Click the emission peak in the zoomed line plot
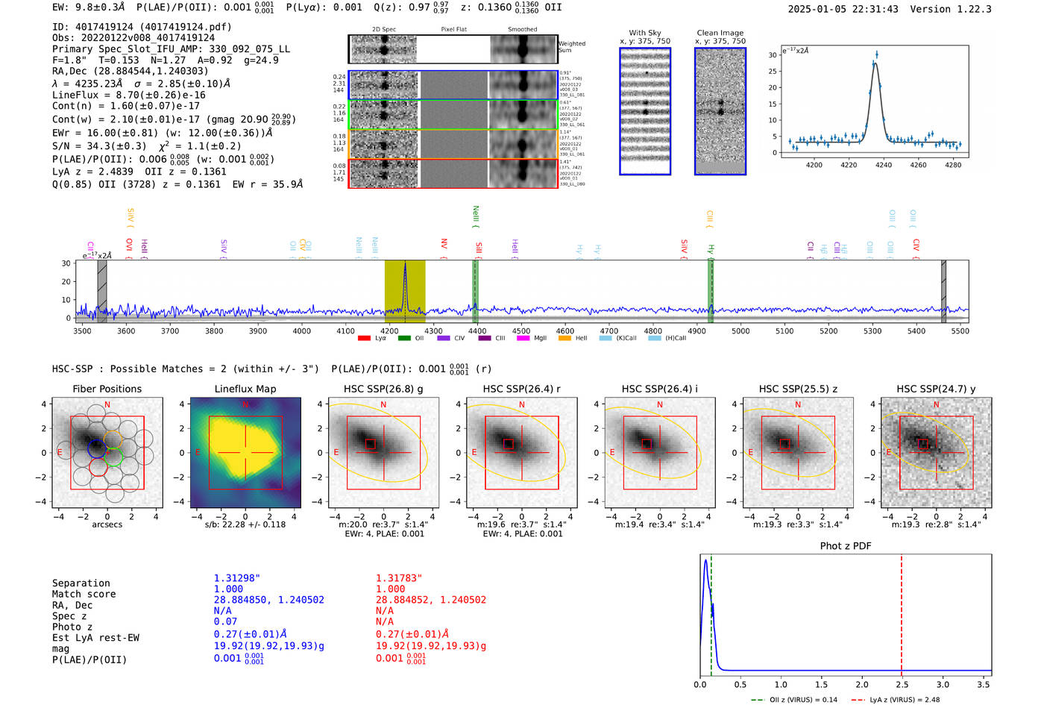876,54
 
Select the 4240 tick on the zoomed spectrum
884,165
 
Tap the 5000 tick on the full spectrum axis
740,331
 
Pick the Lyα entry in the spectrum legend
372,339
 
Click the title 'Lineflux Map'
245,389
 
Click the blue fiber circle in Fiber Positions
97,448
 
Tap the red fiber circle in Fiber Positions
98,466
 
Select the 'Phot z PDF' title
846,546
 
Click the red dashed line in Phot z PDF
901,612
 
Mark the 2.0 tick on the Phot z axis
861,684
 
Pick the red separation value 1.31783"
399,578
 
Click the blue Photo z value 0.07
225,621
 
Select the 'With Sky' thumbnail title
645,34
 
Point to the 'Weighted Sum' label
572,47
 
